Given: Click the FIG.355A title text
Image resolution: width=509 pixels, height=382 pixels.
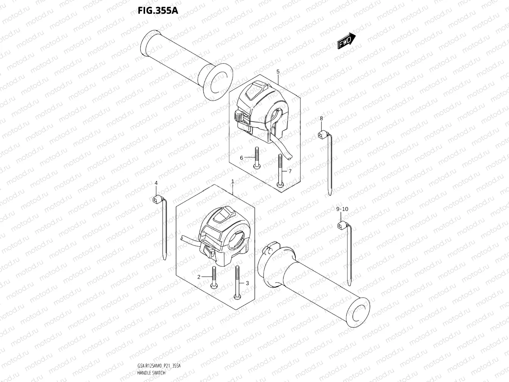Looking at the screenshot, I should (x=158, y=10).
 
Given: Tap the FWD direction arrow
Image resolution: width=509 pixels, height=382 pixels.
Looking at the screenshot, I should (x=346, y=41).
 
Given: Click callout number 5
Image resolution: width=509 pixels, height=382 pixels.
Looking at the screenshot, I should (x=278, y=71).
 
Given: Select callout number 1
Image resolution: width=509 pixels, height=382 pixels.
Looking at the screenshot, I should (x=233, y=181).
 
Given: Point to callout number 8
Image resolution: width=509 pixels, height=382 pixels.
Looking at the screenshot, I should (x=321, y=118).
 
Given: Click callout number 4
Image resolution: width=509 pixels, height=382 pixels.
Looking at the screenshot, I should (x=156, y=182).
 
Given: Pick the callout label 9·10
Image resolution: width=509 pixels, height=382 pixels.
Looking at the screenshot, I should (x=342, y=209).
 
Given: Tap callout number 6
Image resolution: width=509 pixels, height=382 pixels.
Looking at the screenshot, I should (x=241, y=158).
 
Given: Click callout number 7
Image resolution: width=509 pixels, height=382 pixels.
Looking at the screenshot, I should (x=290, y=171).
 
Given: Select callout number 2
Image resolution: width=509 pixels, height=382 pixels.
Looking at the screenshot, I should (x=199, y=277).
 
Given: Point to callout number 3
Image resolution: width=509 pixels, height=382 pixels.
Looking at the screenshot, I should (x=247, y=283).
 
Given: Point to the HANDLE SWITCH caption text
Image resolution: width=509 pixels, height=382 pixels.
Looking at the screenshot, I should (x=151, y=373).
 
